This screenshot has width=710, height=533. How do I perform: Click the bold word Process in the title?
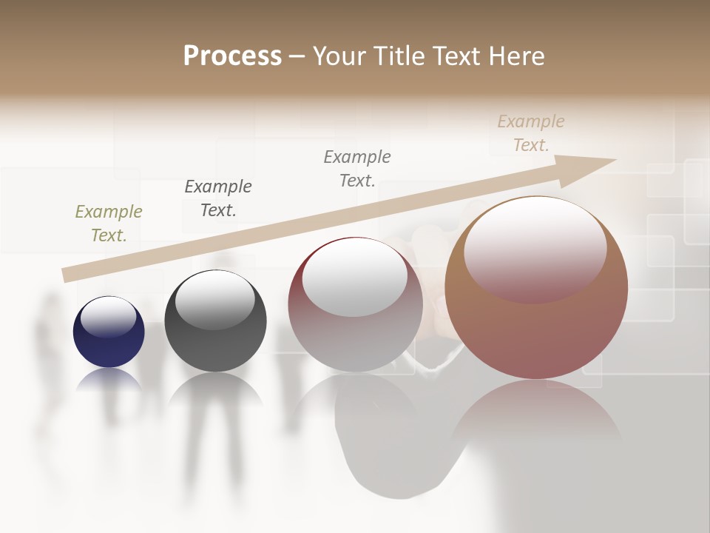tap(232, 56)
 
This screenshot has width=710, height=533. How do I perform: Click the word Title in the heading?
tap(398, 56)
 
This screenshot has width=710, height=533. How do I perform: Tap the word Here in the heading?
tap(516, 56)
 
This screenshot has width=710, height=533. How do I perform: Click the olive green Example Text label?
tap(109, 224)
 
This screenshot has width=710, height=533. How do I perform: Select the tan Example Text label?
tap(531, 133)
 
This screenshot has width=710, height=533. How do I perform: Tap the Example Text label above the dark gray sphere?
tap(218, 198)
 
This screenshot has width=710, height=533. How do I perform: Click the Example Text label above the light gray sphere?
tap(357, 168)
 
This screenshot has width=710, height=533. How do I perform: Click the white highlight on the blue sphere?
tap(109, 316)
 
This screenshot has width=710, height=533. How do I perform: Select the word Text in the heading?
tap(456, 56)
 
